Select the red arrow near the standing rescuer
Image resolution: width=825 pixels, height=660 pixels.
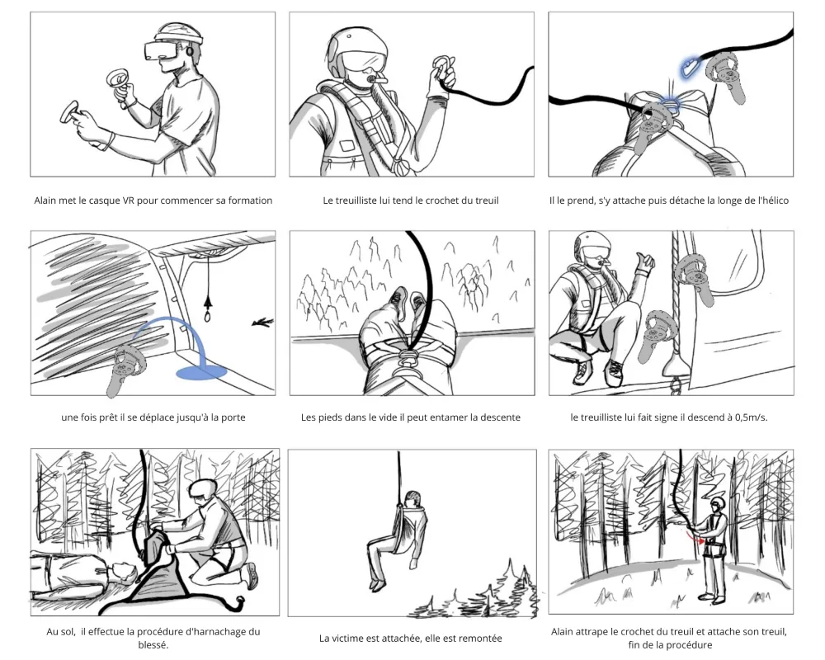pyautogui.click(x=694, y=538)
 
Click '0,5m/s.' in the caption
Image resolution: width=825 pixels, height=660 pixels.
pyautogui.click(x=752, y=417)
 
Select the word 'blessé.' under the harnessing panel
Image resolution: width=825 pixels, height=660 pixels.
pyautogui.click(x=153, y=644)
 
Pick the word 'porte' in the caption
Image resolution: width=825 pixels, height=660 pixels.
pyautogui.click(x=233, y=418)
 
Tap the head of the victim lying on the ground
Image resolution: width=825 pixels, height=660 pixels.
pyautogui.click(x=122, y=571)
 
